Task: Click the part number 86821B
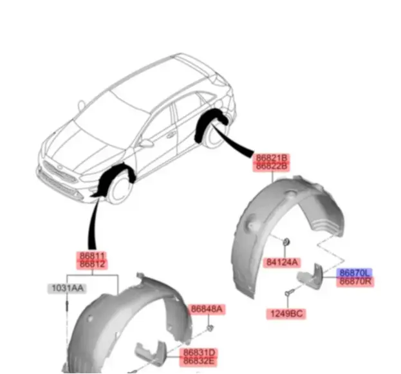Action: [272, 158]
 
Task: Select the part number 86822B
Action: [272, 167]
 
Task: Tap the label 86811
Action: [92, 256]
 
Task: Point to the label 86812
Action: [92, 265]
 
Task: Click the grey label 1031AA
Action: [68, 288]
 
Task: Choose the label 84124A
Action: [282, 262]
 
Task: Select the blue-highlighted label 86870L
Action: [355, 273]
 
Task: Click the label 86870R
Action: [355, 282]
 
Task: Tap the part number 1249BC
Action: [286, 314]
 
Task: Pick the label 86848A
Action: [207, 309]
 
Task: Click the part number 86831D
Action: [199, 353]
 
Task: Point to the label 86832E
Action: [199, 362]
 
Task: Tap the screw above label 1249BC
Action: [289, 292]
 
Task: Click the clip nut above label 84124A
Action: [286, 241]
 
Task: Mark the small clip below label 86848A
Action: [210, 328]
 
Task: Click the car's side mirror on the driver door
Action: [147, 144]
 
